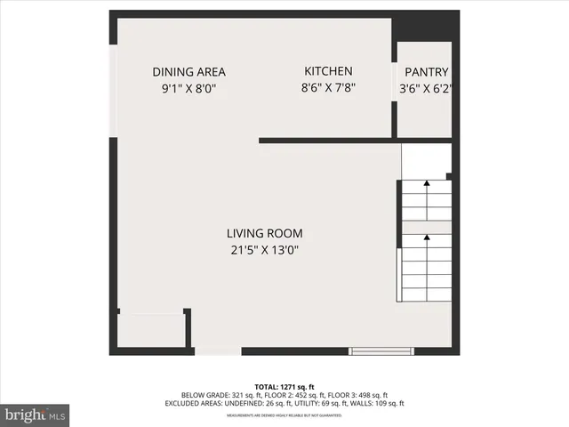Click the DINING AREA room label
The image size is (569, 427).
point(188,72)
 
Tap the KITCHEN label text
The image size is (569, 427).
point(328,71)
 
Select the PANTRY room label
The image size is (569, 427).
point(427,72)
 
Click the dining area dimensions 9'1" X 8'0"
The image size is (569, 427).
point(188,89)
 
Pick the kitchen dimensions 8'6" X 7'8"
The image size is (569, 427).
point(328,88)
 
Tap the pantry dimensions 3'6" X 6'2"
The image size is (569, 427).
point(427,89)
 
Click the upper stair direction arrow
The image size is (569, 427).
point(427,183)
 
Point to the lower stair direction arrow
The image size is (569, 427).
point(427,238)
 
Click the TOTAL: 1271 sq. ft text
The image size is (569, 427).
point(284,386)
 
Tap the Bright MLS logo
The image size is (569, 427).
point(36,415)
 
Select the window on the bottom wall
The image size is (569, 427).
point(381,350)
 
